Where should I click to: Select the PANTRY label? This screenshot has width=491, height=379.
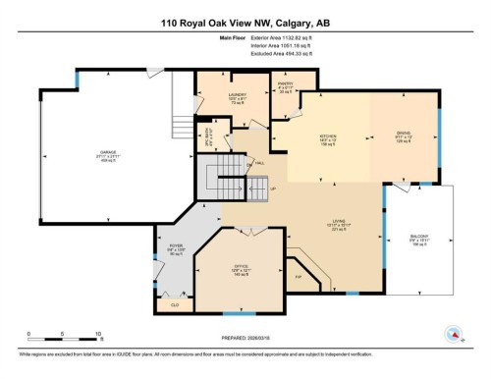tap(285, 84)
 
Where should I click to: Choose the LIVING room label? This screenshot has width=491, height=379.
tap(338, 222)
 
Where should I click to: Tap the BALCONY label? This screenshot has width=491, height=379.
tap(418, 236)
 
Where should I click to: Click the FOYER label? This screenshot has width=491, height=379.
tap(176, 246)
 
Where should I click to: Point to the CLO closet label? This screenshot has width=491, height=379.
tap(175, 304)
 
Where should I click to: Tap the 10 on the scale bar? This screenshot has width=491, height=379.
tap(99, 334)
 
